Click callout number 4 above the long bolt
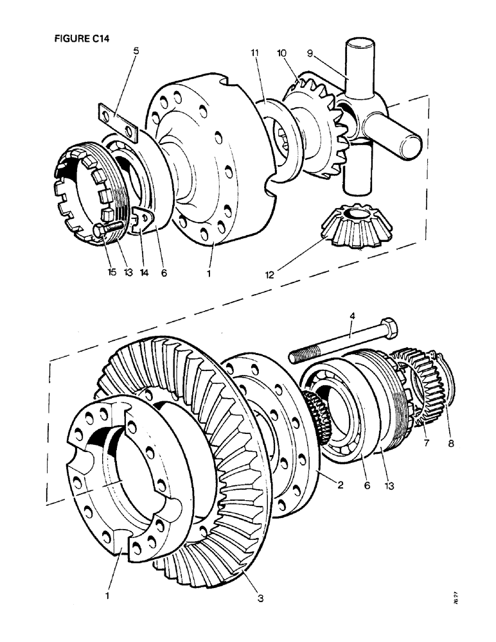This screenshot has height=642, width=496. [x=352, y=316]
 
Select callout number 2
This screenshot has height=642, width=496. [x=340, y=485]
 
